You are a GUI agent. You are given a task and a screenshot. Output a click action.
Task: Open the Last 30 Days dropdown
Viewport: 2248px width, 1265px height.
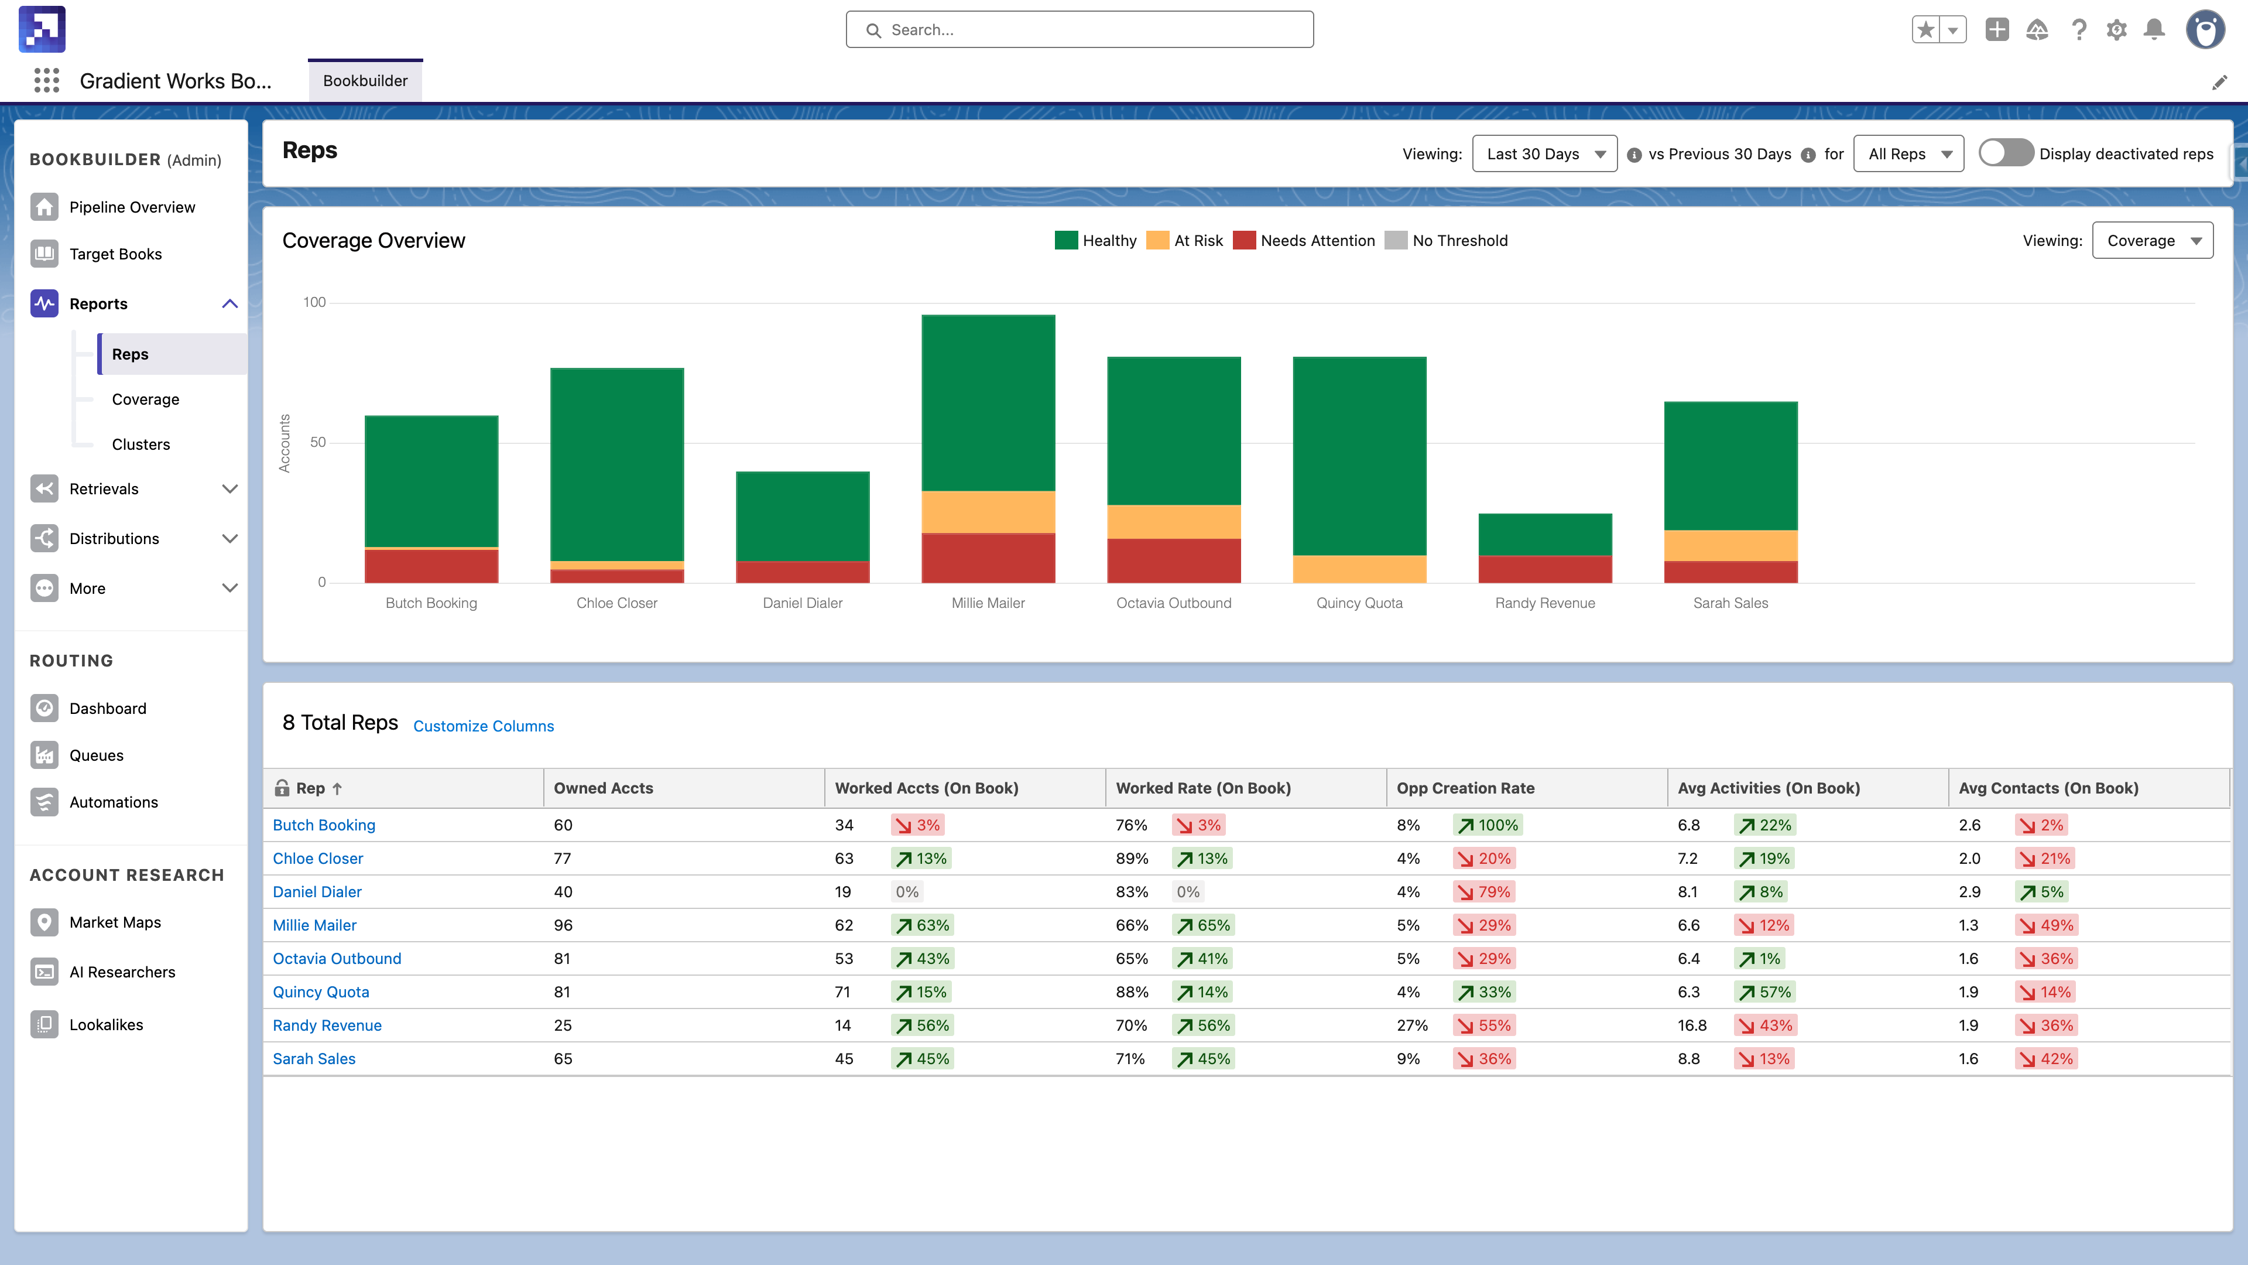(1543, 153)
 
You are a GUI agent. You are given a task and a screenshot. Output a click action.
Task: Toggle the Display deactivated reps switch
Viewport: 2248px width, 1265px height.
(2004, 153)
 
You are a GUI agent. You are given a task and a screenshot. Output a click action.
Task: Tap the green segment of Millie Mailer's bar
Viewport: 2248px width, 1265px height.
(988, 402)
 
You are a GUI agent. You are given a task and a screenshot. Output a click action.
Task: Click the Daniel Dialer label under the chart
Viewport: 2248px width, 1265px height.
(802, 603)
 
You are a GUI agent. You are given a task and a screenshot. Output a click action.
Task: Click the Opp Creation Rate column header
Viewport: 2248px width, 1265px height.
(1465, 788)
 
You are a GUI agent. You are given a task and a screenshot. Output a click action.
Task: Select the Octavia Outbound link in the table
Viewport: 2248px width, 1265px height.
(337, 958)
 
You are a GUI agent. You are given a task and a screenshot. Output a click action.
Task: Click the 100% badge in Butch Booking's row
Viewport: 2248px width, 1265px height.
(1489, 825)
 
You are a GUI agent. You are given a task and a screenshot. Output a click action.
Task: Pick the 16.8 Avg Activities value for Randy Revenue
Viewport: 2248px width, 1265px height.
(1691, 1025)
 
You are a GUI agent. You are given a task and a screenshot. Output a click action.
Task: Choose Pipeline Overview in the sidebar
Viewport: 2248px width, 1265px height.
(132, 207)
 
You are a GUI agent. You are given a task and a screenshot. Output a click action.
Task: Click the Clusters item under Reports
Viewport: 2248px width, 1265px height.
(140, 443)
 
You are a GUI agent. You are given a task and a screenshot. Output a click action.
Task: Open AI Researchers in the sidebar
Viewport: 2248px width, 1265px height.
(122, 972)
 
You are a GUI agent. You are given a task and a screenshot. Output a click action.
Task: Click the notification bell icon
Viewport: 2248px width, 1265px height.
(2154, 30)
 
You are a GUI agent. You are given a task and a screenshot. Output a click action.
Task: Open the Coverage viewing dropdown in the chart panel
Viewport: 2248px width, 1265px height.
(2151, 240)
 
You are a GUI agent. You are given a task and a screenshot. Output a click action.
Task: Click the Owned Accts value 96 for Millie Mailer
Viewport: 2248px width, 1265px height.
(563, 925)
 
